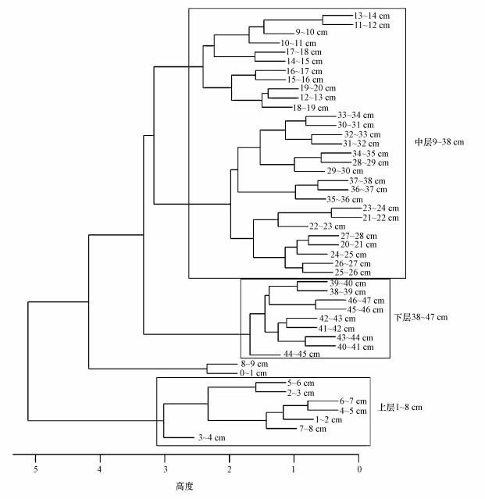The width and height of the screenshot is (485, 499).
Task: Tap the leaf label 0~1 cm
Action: (254, 374)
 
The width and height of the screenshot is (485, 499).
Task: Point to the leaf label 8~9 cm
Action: (254, 365)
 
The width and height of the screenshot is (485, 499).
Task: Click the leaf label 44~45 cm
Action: (301, 355)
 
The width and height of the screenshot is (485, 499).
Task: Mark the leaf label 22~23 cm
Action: (326, 226)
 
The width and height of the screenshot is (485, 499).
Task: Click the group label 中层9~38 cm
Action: (439, 142)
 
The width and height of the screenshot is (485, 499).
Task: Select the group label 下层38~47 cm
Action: (420, 318)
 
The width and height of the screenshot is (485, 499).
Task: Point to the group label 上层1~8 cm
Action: (400, 407)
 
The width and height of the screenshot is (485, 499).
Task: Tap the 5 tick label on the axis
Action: (35, 469)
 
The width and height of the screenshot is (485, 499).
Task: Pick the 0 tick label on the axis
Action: (359, 469)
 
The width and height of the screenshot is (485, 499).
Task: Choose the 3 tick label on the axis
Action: (165, 469)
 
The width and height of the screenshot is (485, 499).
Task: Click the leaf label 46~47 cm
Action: (366, 301)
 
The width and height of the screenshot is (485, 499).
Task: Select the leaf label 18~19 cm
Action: (308, 107)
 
